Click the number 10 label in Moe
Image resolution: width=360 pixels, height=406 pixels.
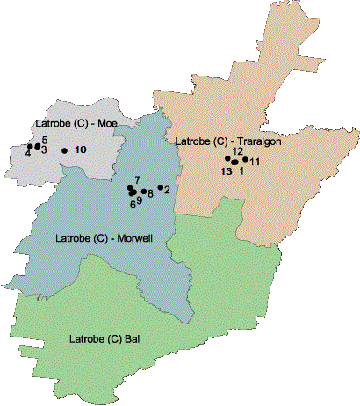(x=80, y=150)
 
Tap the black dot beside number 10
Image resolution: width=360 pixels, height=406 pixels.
(x=64, y=150)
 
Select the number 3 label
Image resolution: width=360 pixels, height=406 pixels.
(x=43, y=150)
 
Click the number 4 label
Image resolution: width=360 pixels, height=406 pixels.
(x=28, y=154)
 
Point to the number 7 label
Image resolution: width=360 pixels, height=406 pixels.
(x=138, y=179)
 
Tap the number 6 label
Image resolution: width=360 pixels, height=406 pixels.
(x=133, y=204)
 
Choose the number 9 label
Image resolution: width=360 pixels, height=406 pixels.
(x=140, y=200)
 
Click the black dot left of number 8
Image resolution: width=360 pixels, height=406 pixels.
(x=143, y=191)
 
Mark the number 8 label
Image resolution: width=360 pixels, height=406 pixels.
(x=151, y=193)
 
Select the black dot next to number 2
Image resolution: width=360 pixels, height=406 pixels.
(x=160, y=187)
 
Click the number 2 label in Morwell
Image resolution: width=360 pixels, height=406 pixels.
(x=167, y=189)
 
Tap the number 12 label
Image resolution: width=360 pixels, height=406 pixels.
(x=237, y=151)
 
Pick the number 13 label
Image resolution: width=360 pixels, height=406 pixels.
(x=227, y=171)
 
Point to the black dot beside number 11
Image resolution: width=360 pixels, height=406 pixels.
(x=245, y=159)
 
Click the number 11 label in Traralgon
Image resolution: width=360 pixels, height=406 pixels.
(x=256, y=162)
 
